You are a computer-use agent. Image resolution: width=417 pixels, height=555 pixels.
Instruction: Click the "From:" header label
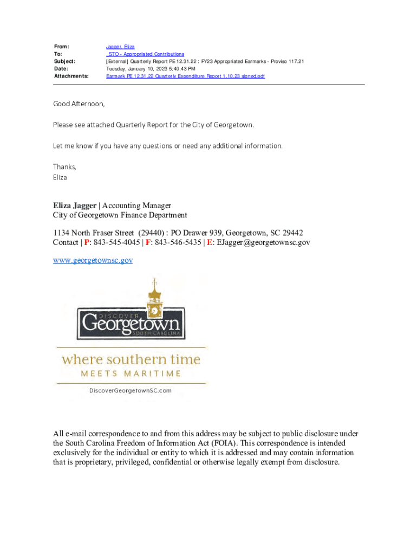(61, 47)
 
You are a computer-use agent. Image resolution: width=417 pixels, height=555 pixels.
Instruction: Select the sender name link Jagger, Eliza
(120, 47)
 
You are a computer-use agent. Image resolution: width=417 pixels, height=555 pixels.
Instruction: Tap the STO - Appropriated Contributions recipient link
(145, 54)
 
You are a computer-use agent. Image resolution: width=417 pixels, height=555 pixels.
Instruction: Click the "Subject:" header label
(64, 62)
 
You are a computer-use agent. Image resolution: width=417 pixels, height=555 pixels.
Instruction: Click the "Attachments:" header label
(71, 76)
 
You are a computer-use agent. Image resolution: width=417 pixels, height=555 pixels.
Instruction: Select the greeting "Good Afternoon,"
(79, 104)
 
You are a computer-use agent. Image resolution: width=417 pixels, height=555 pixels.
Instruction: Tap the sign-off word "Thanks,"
(64, 166)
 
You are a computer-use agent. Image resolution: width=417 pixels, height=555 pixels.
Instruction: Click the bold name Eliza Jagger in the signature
(74, 205)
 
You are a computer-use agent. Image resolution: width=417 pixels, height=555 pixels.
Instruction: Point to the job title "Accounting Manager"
(136, 205)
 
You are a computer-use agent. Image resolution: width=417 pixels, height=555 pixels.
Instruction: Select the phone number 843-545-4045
(116, 242)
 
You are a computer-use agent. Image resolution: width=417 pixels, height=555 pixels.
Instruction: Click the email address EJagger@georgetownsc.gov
(263, 242)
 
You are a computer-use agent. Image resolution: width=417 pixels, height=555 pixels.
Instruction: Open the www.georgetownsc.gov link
(93, 260)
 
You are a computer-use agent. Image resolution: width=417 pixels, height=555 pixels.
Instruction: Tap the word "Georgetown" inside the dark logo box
(131, 325)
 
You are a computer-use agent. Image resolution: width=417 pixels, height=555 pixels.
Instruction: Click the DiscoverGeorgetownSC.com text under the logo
(131, 390)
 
